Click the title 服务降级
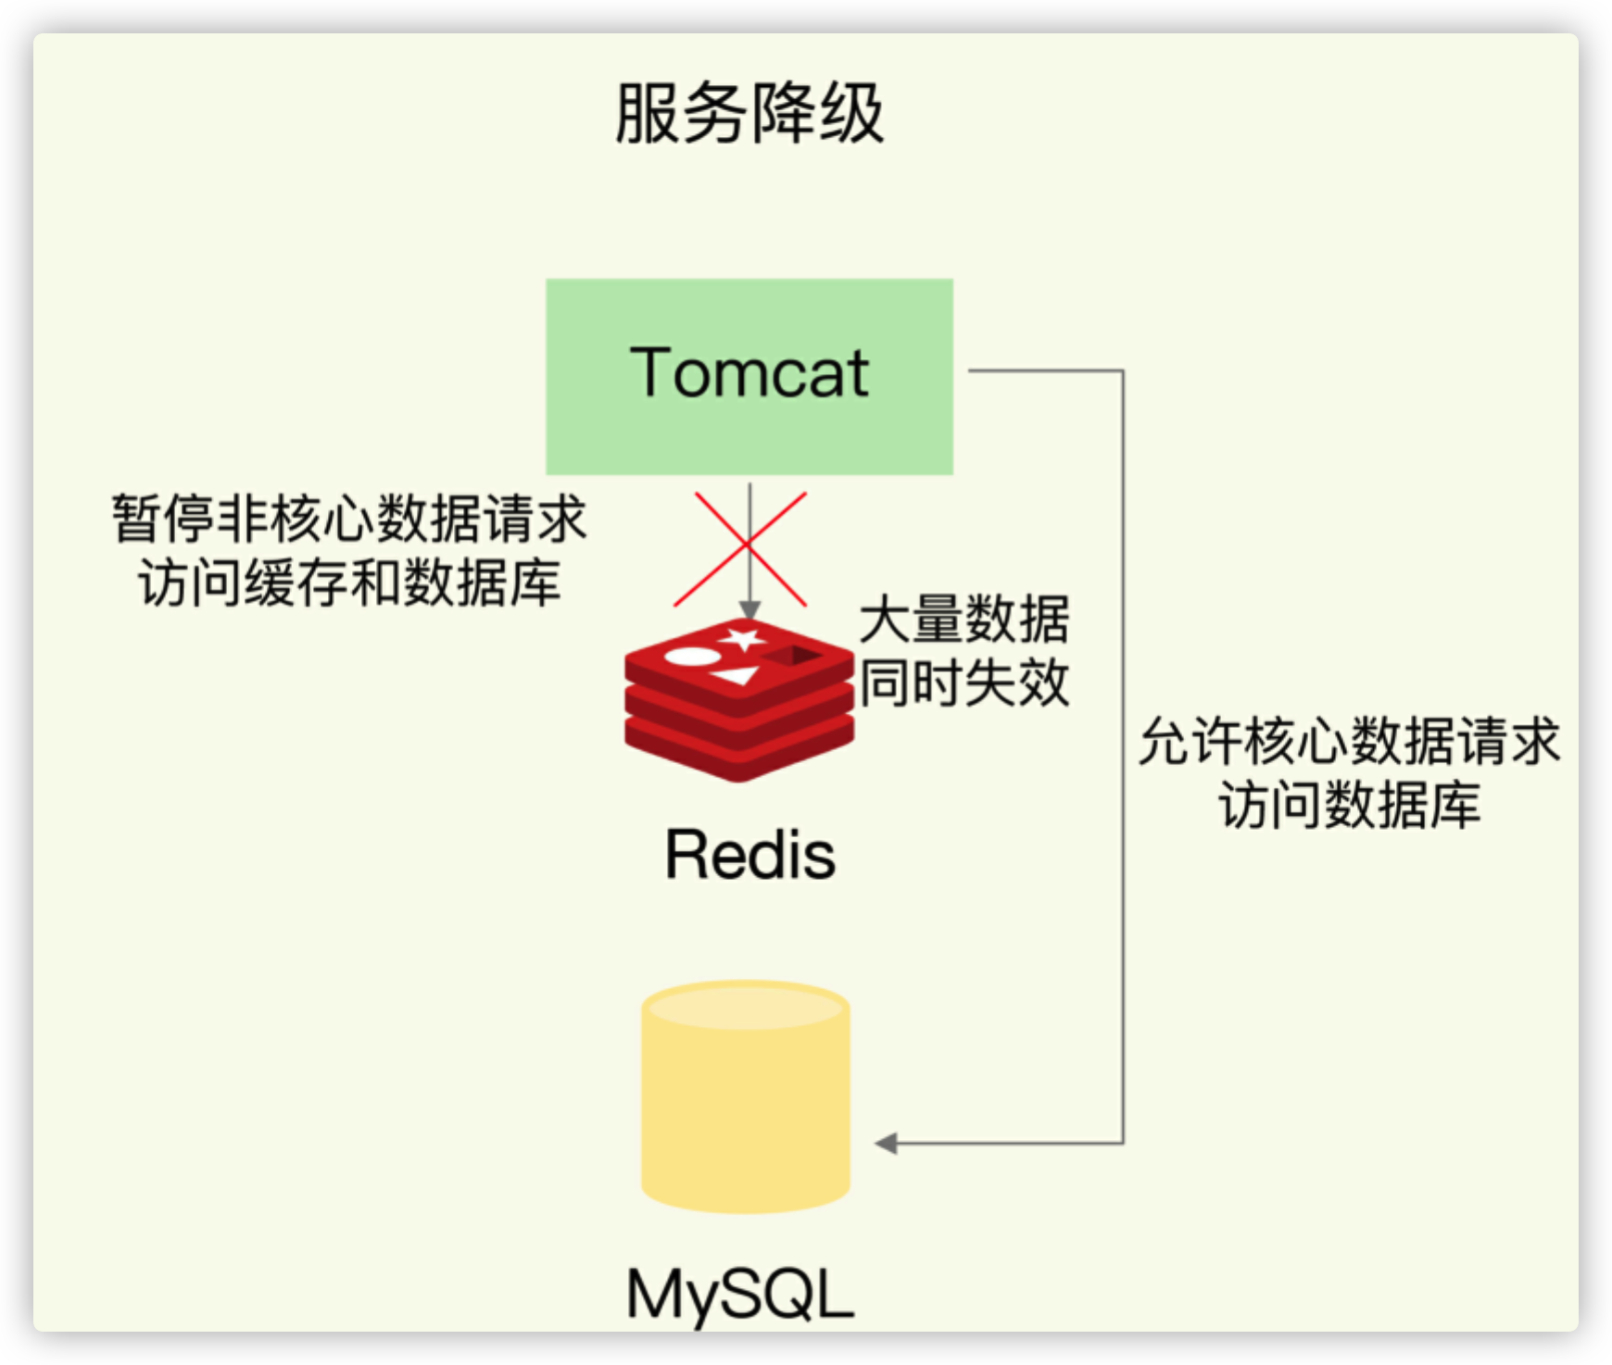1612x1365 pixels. [749, 113]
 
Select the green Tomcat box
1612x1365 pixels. [749, 377]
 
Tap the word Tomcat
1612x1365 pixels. [749, 372]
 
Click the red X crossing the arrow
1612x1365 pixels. [740, 549]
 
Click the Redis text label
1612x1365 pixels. [750, 854]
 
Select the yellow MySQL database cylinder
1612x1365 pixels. [746, 1097]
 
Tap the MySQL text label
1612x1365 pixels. [740, 1294]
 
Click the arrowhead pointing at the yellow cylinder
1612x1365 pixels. [886, 1144]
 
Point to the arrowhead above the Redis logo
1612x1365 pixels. [749, 610]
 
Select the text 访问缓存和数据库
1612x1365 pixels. [349, 582]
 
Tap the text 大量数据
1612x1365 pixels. [964, 619]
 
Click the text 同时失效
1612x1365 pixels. [964, 683]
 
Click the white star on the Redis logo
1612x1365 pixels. [742, 639]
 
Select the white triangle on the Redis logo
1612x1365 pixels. [737, 676]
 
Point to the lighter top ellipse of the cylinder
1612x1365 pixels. [746, 1007]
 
